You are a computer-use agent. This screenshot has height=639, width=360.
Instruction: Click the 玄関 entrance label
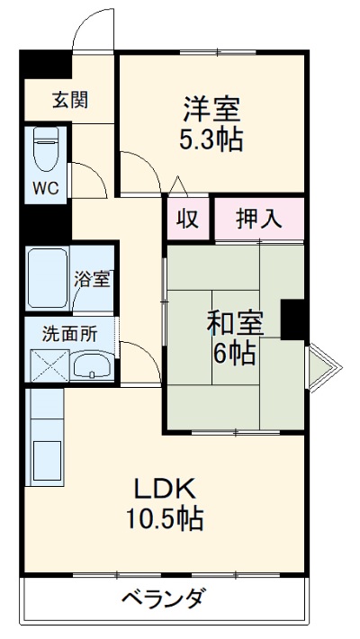69,100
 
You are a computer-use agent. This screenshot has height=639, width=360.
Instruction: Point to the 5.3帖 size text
211,140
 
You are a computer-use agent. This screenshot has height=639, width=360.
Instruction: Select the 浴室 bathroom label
92,278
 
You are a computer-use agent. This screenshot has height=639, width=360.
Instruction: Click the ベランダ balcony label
163,598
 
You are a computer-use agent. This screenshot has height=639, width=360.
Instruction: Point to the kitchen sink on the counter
46,462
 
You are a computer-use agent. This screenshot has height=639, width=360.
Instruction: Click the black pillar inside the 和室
293,319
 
